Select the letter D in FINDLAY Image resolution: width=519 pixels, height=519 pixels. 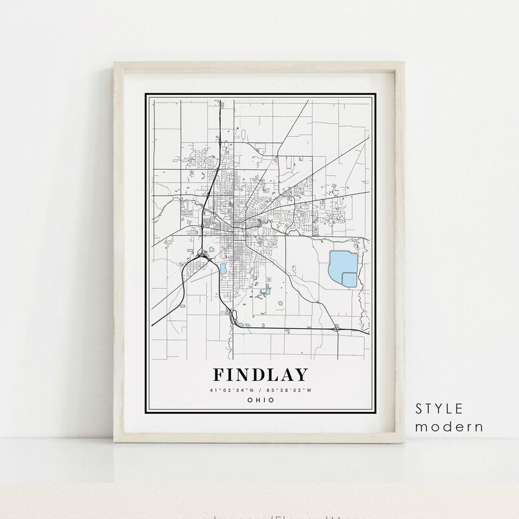tap(256, 375)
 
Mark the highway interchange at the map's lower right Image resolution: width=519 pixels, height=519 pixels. tap(337, 329)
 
